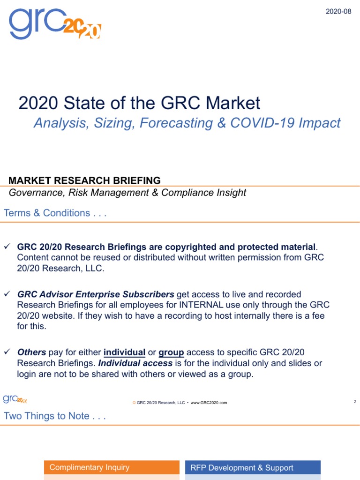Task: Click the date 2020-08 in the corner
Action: tap(338, 11)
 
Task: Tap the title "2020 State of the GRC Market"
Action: tap(139, 103)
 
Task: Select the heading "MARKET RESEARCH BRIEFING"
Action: tap(85, 180)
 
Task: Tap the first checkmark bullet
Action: tap(7, 247)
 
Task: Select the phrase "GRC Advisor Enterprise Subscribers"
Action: tap(96, 294)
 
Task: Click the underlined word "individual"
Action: tap(124, 352)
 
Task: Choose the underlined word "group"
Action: tap(171, 352)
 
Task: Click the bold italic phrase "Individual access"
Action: tap(135, 363)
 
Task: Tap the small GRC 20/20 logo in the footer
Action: tap(15, 399)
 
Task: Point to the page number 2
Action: tap(355, 402)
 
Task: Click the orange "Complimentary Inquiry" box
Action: tap(112, 467)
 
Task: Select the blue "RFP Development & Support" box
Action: tap(253, 467)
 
